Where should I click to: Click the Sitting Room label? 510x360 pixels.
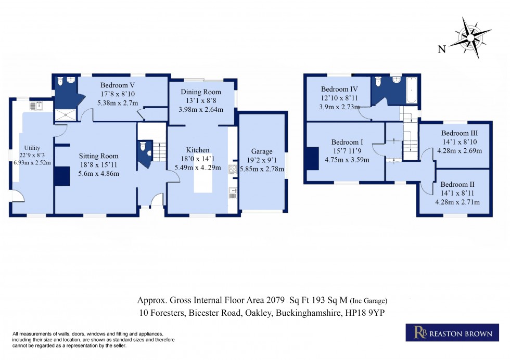click(98, 156)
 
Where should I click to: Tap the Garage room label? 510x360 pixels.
click(262, 151)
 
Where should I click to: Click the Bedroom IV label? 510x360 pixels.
click(338, 89)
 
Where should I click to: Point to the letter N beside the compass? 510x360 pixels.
click(441, 49)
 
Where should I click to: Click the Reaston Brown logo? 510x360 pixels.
click(449, 333)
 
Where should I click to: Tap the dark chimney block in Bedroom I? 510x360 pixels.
click(312, 158)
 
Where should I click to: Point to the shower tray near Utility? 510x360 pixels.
click(65, 115)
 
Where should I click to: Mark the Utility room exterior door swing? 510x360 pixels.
click(18, 197)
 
